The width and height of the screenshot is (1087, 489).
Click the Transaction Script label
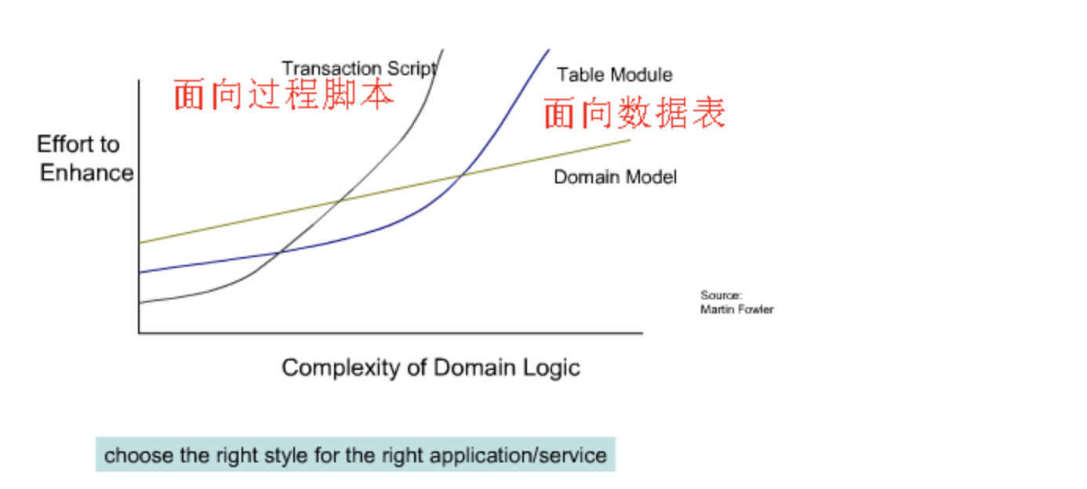pyautogui.click(x=358, y=68)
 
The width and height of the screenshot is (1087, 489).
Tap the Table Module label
pyautogui.click(x=614, y=75)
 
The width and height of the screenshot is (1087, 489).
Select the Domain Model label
pyautogui.click(x=615, y=177)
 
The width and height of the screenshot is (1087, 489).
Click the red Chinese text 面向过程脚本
pyautogui.click(x=283, y=95)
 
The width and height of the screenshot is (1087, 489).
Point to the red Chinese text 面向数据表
pyautogui.click(x=634, y=114)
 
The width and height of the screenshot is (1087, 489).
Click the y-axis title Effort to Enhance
pyautogui.click(x=85, y=158)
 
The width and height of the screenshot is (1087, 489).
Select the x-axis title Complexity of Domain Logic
pyautogui.click(x=431, y=368)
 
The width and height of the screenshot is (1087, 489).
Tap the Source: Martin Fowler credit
pyautogui.click(x=736, y=302)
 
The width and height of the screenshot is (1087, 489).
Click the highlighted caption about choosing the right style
pyautogui.click(x=355, y=455)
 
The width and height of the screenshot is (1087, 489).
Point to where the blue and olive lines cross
pyautogui.click(x=462, y=175)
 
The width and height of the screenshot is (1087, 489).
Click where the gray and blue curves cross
pyautogui.click(x=279, y=252)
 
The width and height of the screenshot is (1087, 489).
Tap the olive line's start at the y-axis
pyautogui.click(x=140, y=243)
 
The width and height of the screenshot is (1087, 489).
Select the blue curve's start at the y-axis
pyautogui.click(x=140, y=273)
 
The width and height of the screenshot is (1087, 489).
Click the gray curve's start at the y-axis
pyautogui.click(x=140, y=303)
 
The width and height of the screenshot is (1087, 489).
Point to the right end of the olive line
pyautogui.click(x=630, y=140)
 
